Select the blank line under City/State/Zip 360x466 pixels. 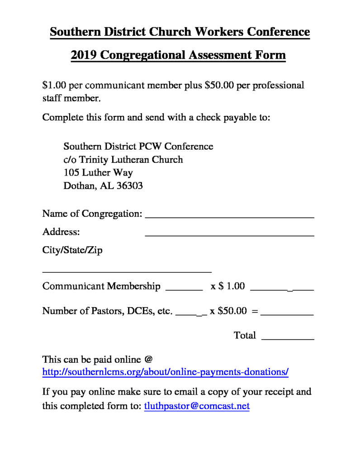click(x=127, y=271)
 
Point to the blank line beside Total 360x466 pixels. click(x=288, y=338)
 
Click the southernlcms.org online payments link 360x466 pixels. click(x=165, y=372)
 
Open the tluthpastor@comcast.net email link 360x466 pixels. click(x=197, y=406)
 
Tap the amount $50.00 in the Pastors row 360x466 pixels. click(x=232, y=311)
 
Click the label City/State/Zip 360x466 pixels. click(x=72, y=250)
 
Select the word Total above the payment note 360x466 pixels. click(x=245, y=335)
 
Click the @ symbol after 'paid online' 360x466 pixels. click(x=148, y=360)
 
